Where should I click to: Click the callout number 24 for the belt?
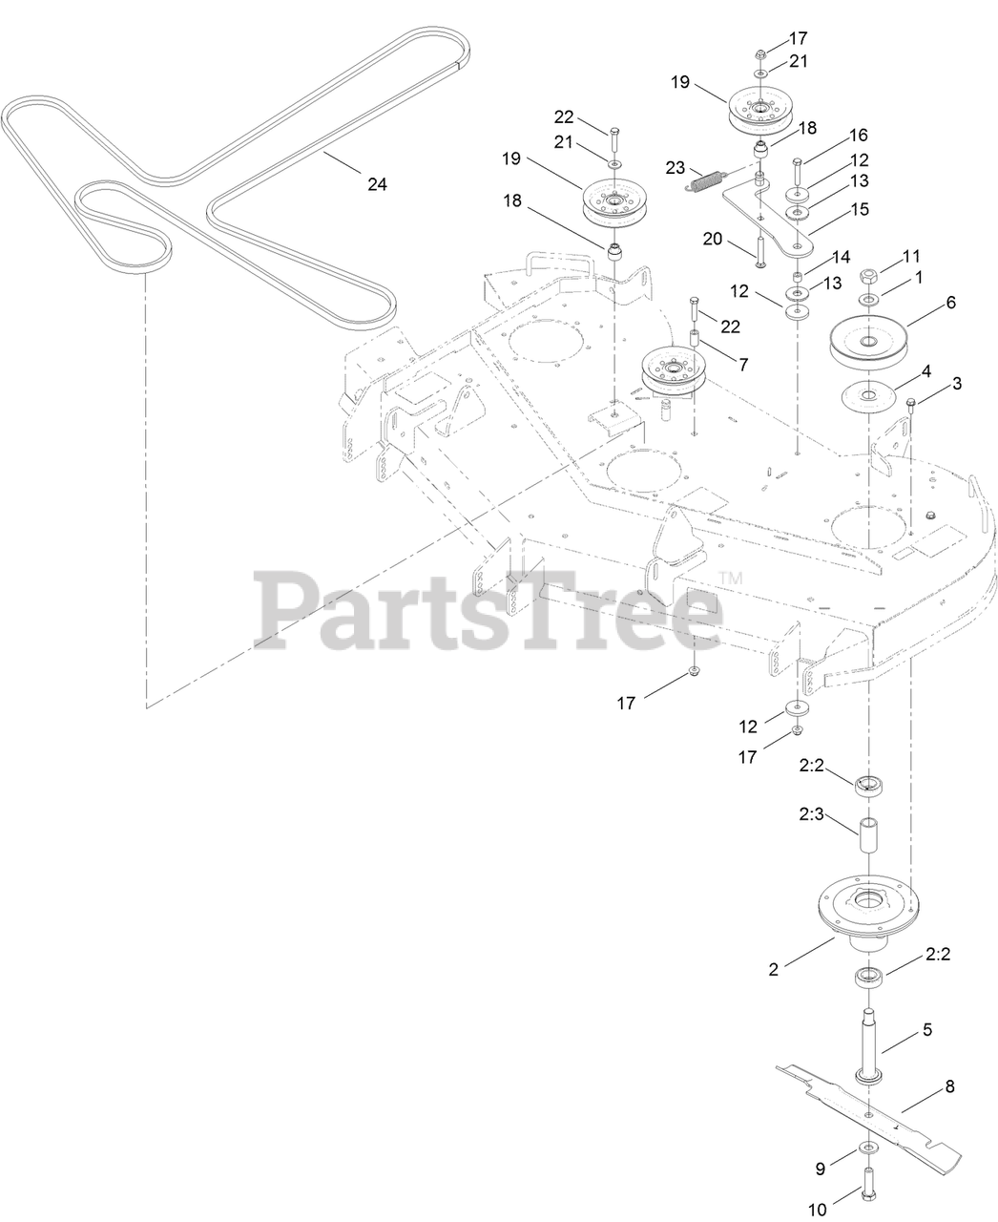pos(377,184)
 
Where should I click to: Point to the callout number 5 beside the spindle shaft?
pos(926,1030)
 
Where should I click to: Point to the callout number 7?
pos(743,364)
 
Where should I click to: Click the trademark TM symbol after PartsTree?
pos(731,578)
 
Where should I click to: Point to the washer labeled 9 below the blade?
pos(868,1146)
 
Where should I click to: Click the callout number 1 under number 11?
pos(919,276)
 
